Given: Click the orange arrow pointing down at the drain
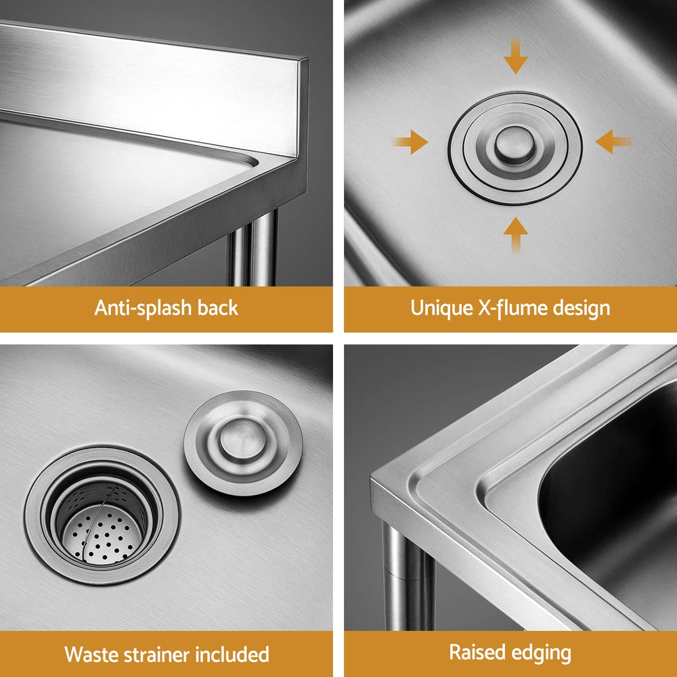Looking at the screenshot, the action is (x=515, y=56).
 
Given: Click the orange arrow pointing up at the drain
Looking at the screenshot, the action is (x=515, y=234).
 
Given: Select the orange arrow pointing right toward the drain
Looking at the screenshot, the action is (x=410, y=141).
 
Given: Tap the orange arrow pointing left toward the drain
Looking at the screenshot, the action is (x=613, y=141).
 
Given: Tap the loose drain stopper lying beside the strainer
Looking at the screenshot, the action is (x=243, y=443).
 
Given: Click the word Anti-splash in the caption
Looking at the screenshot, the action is (x=143, y=308).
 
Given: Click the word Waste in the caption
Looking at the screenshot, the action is (x=91, y=654).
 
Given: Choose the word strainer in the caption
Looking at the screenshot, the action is (x=157, y=654).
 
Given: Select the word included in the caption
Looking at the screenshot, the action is (x=232, y=654).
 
